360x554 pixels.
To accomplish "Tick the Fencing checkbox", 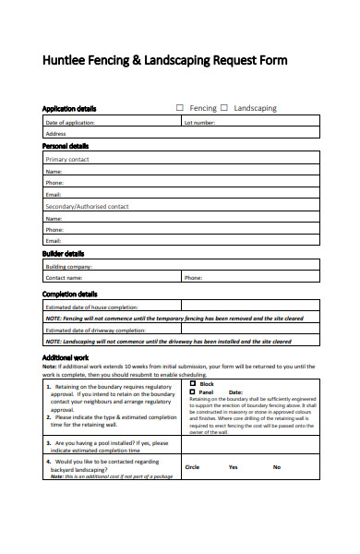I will pyautogui.click(x=180, y=108).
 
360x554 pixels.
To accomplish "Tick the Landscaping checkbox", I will pyautogui.click(x=224, y=108).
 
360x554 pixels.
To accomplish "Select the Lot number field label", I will pyautogui.click(x=200, y=122).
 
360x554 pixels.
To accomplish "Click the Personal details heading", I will pyautogui.click(x=66, y=146).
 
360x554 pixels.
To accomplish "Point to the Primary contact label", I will pyautogui.click(x=67, y=159).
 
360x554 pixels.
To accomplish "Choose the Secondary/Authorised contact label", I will pyautogui.click(x=87, y=207).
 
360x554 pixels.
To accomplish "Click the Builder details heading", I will pyautogui.click(x=63, y=253).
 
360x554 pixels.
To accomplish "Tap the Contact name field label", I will pyautogui.click(x=65, y=277).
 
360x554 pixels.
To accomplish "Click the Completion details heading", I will pyautogui.click(x=69, y=294).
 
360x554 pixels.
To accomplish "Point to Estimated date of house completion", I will pyautogui.click(x=92, y=307).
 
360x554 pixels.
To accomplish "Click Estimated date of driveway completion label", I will pyautogui.click(x=96, y=330).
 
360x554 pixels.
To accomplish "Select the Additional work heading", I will pyautogui.click(x=65, y=357).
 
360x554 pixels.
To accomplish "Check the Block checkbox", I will pyautogui.click(x=192, y=383).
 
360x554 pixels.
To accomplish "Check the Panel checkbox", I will pyautogui.click(x=192, y=391).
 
